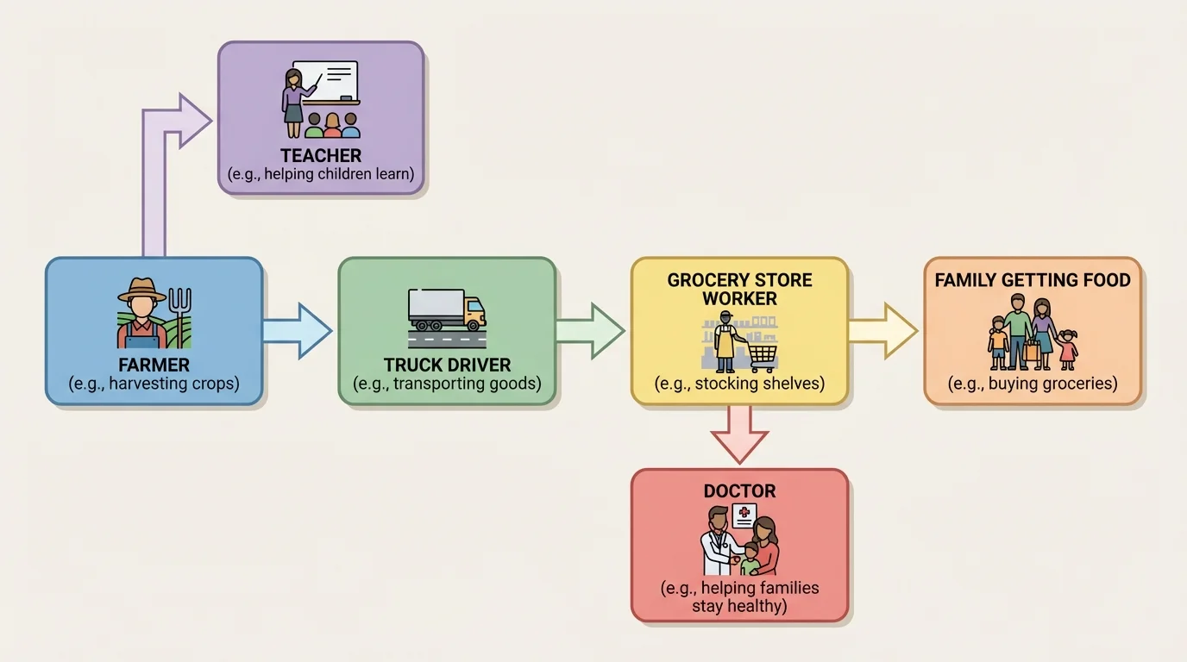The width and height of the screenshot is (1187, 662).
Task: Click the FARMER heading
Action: pyautogui.click(x=154, y=365)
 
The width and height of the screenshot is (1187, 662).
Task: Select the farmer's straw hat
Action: pyautogui.click(x=141, y=291)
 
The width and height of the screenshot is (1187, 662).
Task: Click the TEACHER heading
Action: pyautogui.click(x=321, y=156)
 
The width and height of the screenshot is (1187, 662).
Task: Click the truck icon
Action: pyautogui.click(x=447, y=310)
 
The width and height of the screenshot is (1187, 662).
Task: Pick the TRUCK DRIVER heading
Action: pyautogui.click(x=447, y=365)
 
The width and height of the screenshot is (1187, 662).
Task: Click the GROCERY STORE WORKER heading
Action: pyautogui.click(x=739, y=290)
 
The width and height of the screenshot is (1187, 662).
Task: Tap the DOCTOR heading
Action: pyautogui.click(x=739, y=491)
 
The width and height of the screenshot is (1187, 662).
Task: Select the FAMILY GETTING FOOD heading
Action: pyautogui.click(x=1033, y=280)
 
